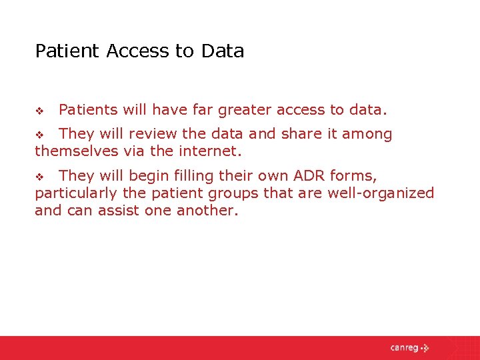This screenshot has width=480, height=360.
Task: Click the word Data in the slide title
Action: tap(222, 51)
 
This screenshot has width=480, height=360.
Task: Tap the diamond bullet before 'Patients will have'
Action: tap(39, 110)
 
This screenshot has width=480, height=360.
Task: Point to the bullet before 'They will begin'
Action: tap(39, 177)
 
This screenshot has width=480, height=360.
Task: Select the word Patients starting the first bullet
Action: tap(87, 109)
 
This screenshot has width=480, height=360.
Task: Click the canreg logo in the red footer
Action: tap(409, 347)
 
